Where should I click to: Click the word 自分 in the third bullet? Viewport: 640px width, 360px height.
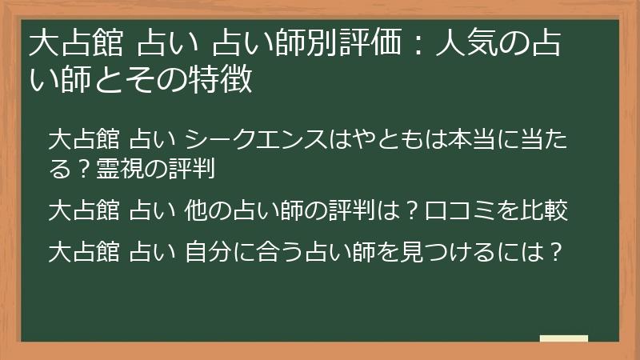click(x=208, y=251)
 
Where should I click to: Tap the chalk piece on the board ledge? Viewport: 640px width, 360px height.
click(x=563, y=338)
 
